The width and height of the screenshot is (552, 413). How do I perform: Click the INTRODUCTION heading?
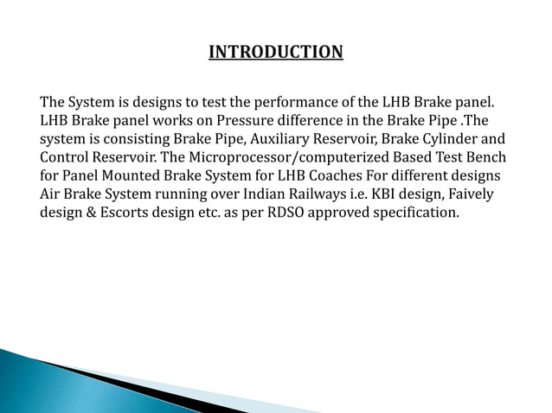pos(276,54)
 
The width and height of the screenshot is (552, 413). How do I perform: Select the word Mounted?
pos(130,176)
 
